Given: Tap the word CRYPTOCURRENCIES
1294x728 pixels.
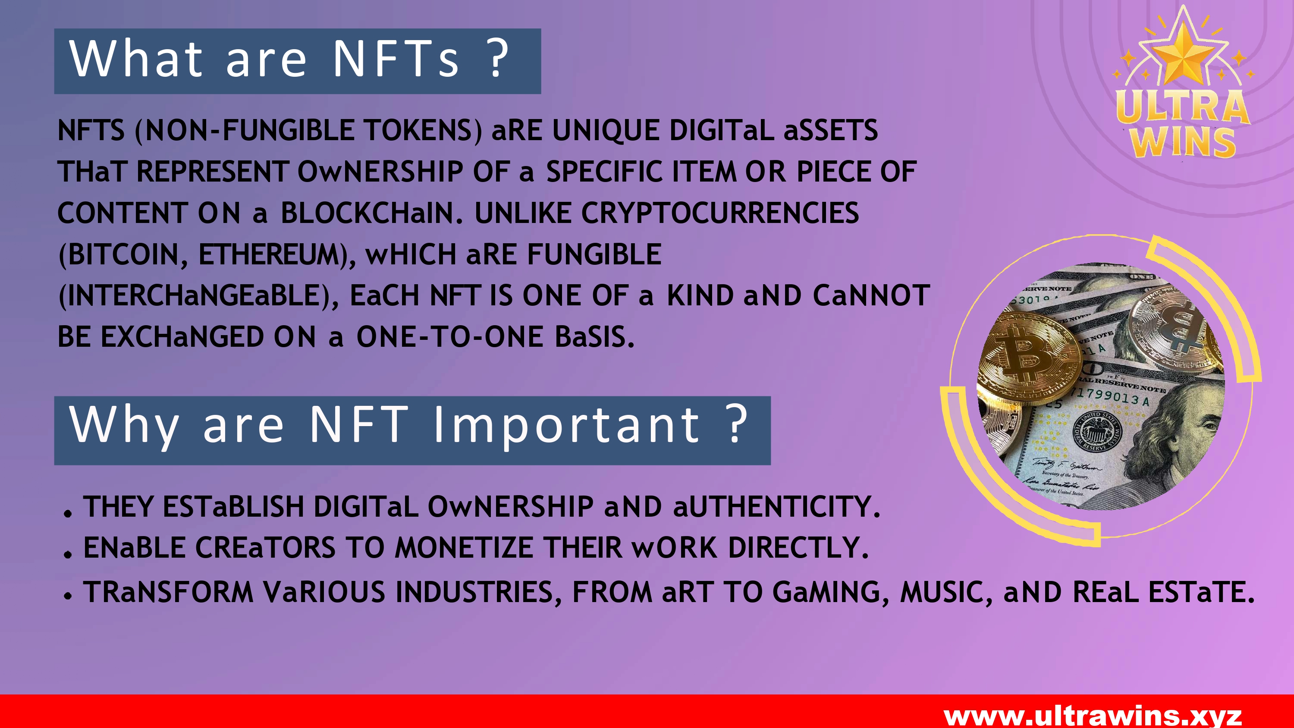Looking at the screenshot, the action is (720, 213).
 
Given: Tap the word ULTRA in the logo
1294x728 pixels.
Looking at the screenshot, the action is (1183, 107).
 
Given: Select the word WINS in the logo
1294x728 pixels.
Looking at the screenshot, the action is (1183, 143).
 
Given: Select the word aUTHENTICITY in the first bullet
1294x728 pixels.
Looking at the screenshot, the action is (776, 506).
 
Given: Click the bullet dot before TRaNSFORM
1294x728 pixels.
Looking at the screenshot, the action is (68, 596).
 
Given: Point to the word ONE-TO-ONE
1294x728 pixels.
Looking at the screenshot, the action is (450, 337).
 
